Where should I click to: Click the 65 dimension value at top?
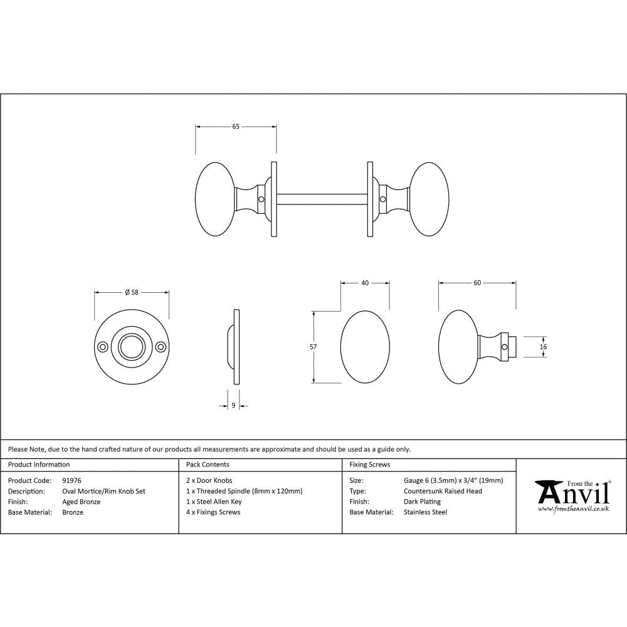[236, 127]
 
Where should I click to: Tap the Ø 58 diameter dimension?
[132, 292]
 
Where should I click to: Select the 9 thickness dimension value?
[233, 406]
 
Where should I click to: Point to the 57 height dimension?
[313, 347]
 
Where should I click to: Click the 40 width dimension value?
[365, 283]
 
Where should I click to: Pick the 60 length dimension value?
[477, 283]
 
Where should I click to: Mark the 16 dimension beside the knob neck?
[543, 347]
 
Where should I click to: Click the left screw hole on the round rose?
[102, 347]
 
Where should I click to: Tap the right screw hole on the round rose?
[161, 347]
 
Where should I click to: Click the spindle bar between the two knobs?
[321, 199]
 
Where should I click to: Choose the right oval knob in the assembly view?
[429, 199]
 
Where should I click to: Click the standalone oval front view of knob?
[365, 347]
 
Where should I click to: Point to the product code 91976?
[71, 481]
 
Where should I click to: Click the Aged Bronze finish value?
[82, 502]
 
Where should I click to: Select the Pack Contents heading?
[208, 465]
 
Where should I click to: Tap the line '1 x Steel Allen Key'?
[214, 502]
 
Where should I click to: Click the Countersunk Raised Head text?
[443, 491]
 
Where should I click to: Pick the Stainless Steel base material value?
[425, 512]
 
